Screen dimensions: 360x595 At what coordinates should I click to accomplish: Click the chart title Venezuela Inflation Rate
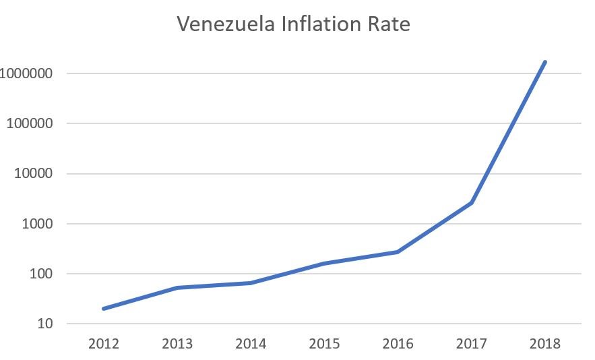click(x=293, y=25)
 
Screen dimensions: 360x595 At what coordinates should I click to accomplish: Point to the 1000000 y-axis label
click(x=27, y=73)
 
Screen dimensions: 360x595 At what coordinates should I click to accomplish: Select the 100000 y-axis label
click(x=30, y=124)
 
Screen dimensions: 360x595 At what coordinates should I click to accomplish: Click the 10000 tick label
click(x=34, y=174)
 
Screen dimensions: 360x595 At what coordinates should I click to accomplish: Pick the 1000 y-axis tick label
click(x=38, y=224)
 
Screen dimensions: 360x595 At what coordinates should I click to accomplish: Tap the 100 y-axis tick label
click(x=41, y=274)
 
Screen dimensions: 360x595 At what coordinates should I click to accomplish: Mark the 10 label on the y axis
click(x=45, y=324)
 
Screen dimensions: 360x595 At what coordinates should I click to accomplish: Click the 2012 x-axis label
click(x=103, y=344)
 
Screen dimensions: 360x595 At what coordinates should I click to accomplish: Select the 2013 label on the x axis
click(x=177, y=344)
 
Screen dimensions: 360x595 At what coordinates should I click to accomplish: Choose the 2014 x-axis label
click(x=251, y=344)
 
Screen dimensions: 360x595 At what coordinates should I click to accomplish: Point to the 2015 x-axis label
click(x=324, y=344)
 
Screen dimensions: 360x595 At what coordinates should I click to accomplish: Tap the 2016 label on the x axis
click(x=398, y=344)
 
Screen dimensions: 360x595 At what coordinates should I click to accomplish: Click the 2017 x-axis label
click(x=471, y=344)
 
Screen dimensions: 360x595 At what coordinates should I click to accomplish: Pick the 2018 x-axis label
click(x=544, y=344)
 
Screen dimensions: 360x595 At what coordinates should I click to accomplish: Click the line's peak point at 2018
click(x=544, y=62)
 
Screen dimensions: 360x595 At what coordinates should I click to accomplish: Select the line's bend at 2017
click(x=471, y=203)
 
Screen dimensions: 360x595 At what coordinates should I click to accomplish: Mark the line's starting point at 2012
click(x=104, y=309)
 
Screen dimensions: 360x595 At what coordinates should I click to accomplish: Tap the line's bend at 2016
click(x=398, y=252)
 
